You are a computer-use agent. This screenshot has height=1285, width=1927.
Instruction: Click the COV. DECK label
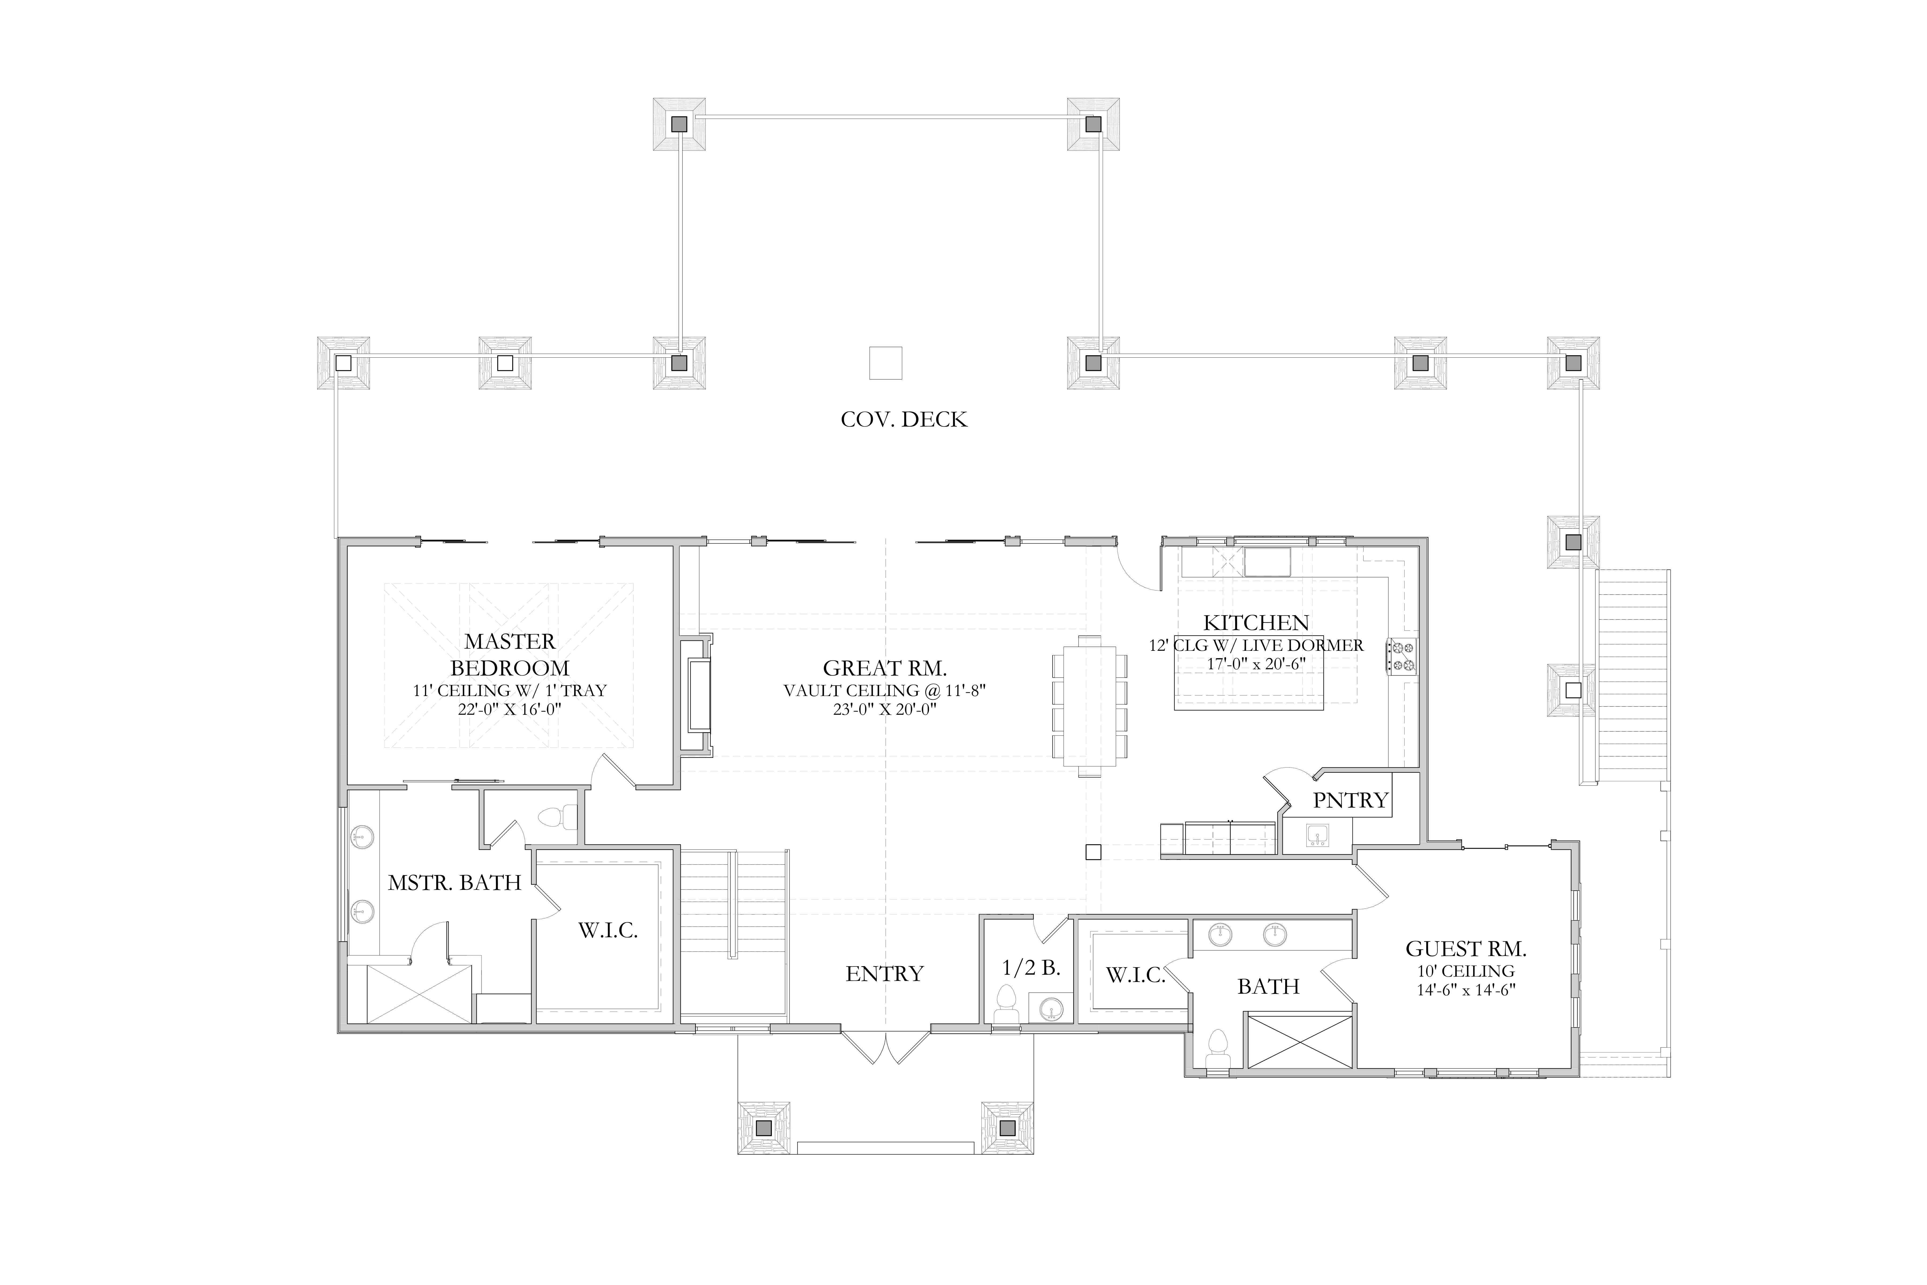coord(904,419)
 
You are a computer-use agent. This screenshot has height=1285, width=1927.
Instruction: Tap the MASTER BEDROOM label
coord(510,654)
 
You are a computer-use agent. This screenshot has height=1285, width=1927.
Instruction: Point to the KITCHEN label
coord(1256,623)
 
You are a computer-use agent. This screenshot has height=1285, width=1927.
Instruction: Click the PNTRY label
coord(1351,800)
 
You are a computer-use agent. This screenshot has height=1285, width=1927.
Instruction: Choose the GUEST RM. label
coord(1466,949)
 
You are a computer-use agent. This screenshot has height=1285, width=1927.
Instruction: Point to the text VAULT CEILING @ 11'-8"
coord(885,691)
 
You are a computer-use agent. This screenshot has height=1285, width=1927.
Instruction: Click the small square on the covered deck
coord(886,363)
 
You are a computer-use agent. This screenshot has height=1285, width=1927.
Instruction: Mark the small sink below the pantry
coord(1317,836)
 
